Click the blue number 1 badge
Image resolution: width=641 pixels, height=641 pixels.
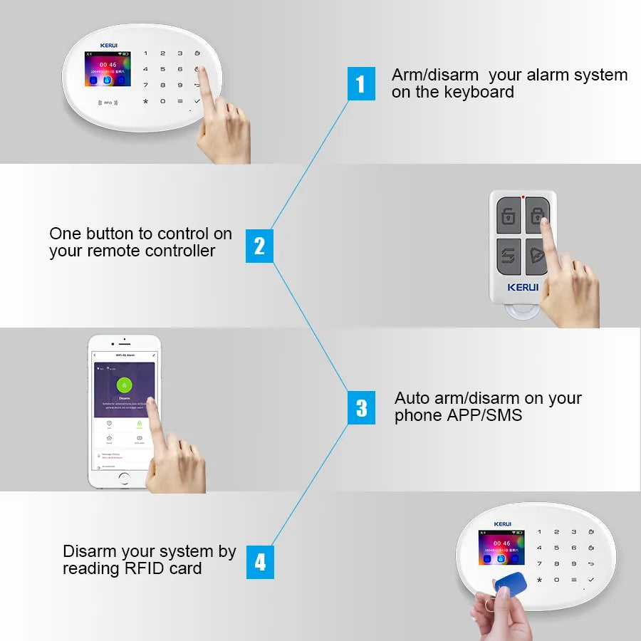pos(360,84)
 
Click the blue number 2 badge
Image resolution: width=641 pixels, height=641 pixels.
pos(259,246)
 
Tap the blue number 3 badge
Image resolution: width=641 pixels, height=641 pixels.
pos(361,408)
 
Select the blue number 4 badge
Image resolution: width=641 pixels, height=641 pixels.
pos(260,563)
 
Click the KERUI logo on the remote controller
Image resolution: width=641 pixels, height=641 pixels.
pos(523,288)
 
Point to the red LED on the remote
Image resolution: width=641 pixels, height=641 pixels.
pos(523,197)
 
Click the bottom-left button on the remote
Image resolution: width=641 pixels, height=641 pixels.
pos(509,256)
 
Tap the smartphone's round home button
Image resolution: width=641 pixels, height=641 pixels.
pos(125,477)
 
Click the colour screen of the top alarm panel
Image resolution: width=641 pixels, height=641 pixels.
pos(108,69)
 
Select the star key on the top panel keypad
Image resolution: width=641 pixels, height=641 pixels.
pos(146,101)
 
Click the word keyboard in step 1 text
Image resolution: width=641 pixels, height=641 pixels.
pos(479,92)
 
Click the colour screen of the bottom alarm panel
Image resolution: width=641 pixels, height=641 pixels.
pos(501,548)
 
